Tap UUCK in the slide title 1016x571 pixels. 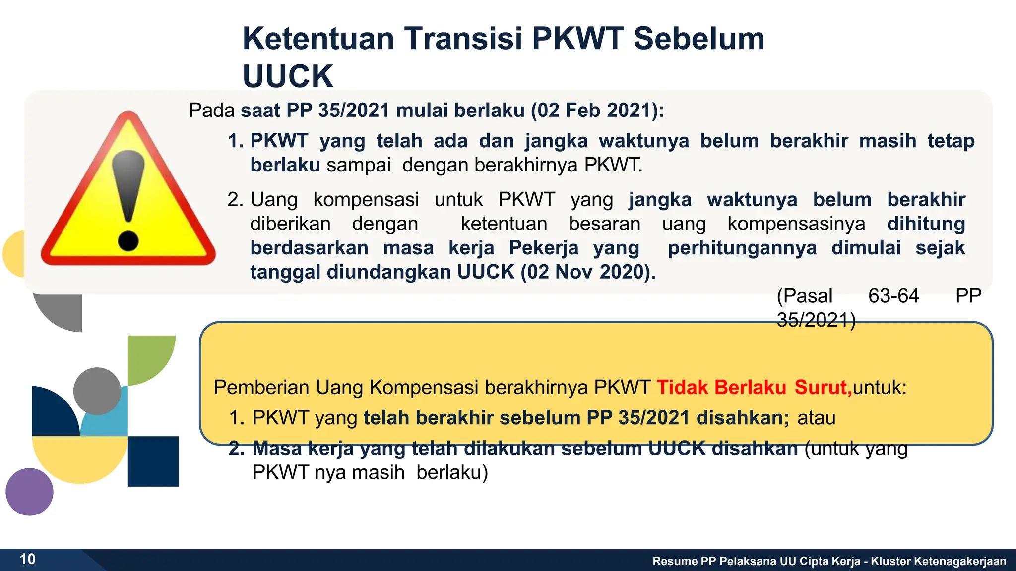(288, 76)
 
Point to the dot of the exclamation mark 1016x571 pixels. (128, 241)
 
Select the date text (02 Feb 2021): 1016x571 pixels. (597, 110)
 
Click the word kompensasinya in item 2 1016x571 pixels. (796, 224)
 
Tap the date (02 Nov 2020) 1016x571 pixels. (588, 272)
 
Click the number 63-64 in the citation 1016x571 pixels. (893, 296)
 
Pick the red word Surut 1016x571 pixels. (823, 387)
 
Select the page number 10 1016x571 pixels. (28, 559)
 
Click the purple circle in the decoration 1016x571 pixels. (29, 492)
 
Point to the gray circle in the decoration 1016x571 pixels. (97, 391)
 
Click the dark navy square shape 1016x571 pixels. (153, 461)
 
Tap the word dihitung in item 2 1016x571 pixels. (926, 224)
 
